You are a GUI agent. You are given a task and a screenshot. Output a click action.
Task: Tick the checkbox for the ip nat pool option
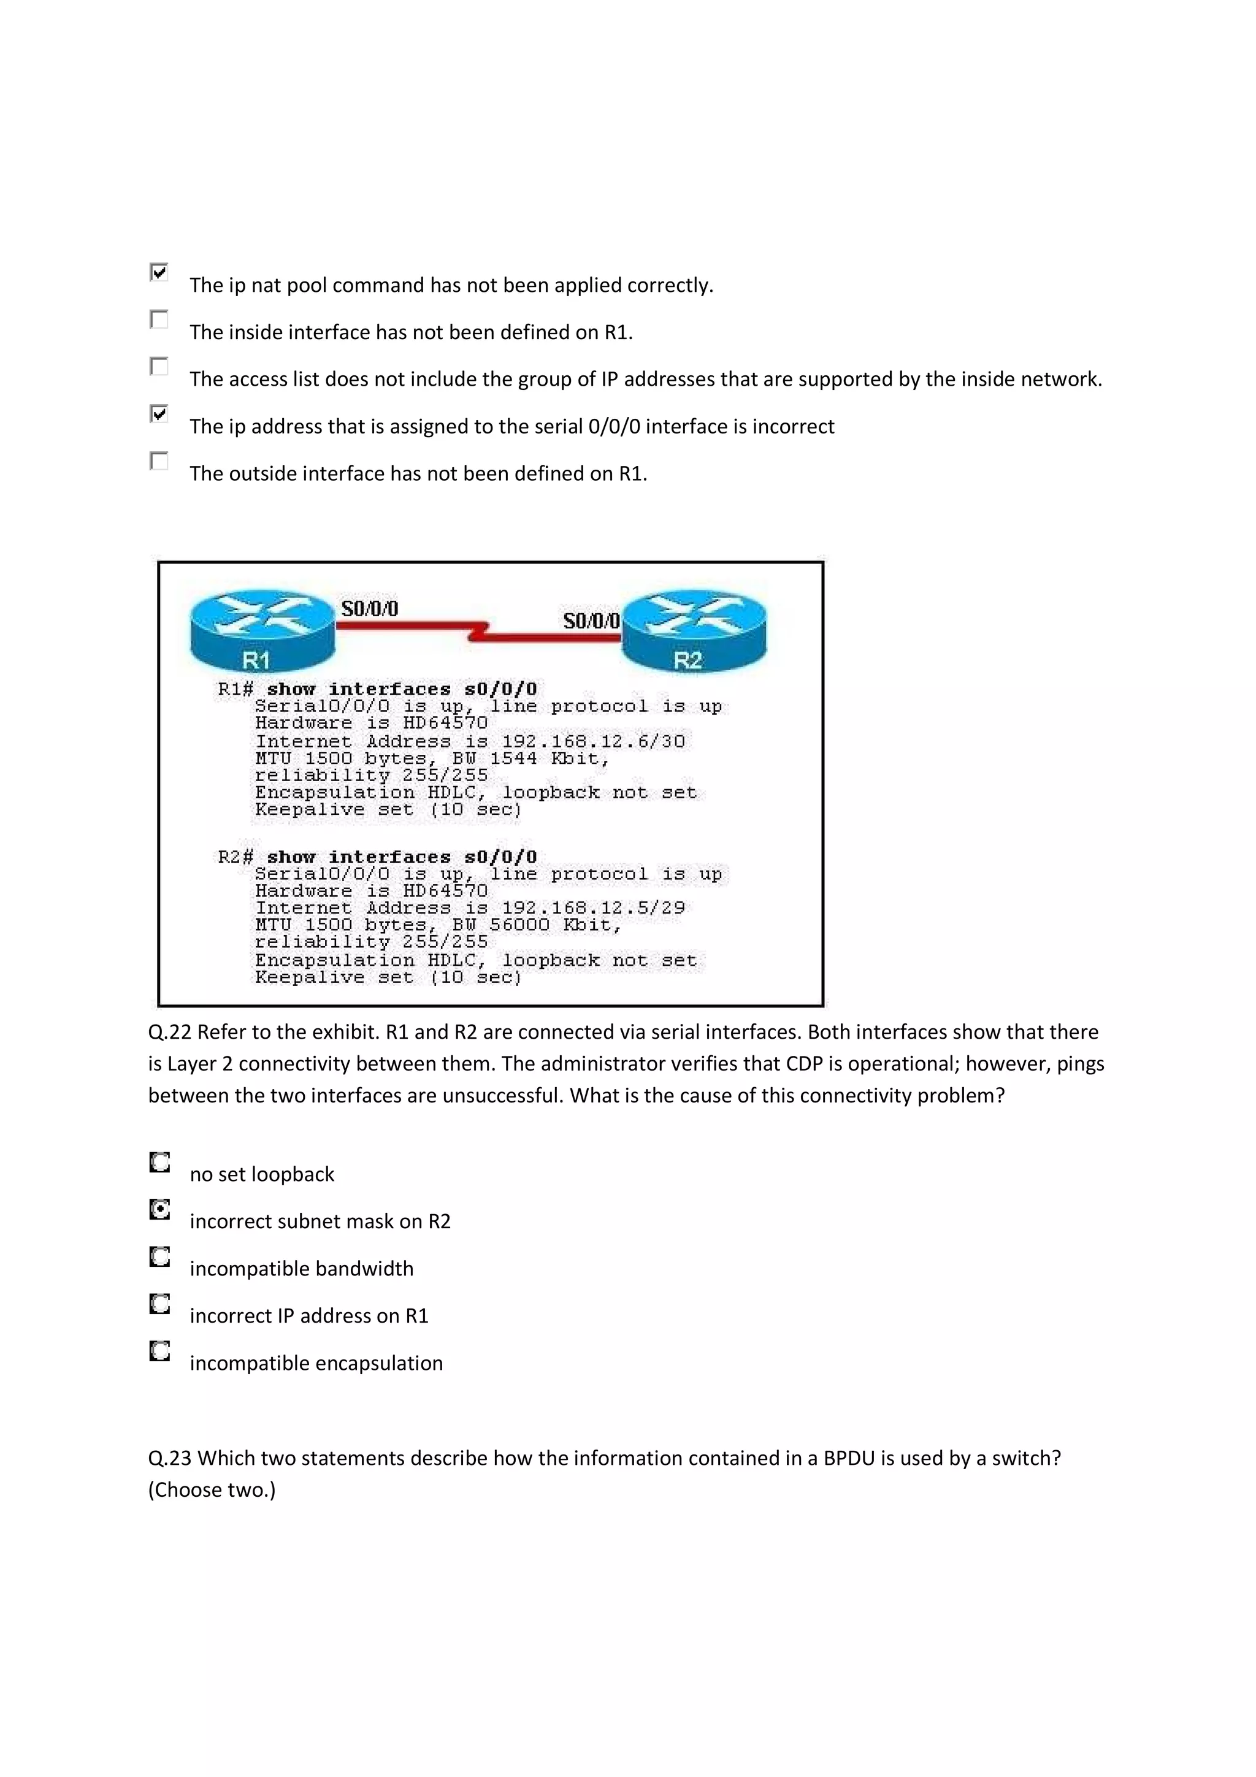pyautogui.click(x=159, y=272)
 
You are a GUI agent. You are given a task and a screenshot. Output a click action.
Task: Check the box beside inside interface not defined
pyautogui.click(x=159, y=319)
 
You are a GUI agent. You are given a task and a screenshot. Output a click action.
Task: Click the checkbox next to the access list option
pyautogui.click(x=159, y=366)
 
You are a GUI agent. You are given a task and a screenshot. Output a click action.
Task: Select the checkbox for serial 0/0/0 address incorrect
pyautogui.click(x=159, y=414)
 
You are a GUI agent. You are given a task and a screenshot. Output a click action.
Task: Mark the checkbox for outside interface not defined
pyautogui.click(x=159, y=461)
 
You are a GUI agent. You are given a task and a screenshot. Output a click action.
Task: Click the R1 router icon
pyautogui.click(x=262, y=630)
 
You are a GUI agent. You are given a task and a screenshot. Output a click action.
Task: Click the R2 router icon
pyautogui.click(x=694, y=630)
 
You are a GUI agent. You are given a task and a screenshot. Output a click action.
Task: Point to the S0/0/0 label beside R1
pyautogui.click(x=370, y=609)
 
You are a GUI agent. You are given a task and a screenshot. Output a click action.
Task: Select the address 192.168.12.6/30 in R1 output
pyautogui.click(x=593, y=741)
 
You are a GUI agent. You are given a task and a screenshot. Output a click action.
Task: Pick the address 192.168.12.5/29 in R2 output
pyautogui.click(x=593, y=908)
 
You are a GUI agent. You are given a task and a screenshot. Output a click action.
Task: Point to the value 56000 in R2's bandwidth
pyautogui.click(x=519, y=925)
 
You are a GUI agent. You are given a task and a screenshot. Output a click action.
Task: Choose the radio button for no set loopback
pyautogui.click(x=159, y=1163)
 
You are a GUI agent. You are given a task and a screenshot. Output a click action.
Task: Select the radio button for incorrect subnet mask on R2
pyautogui.click(x=159, y=1210)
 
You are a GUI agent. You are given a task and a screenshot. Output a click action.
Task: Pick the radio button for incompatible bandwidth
pyautogui.click(x=159, y=1257)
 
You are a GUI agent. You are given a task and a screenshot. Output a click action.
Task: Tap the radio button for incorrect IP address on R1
pyautogui.click(x=159, y=1304)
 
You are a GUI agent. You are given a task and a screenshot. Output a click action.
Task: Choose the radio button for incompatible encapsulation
pyautogui.click(x=159, y=1351)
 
